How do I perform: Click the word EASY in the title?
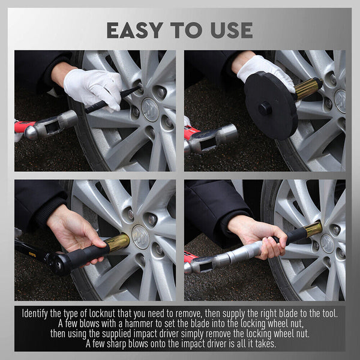tap(137, 29)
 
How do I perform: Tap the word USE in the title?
tap(229, 29)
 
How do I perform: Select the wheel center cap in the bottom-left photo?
tap(140, 237)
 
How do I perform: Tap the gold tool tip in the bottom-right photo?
tap(312, 229)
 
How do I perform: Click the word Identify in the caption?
tap(38, 313)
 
